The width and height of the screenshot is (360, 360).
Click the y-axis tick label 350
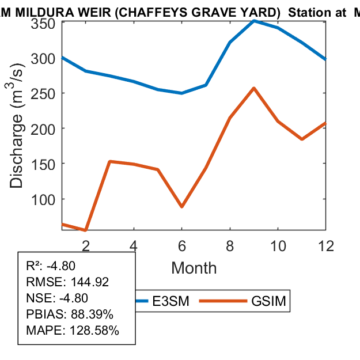tap(43, 23)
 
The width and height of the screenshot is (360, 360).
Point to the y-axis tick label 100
tap(43, 199)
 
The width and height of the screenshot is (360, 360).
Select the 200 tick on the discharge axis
tap(43, 128)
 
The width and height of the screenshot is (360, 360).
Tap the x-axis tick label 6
tap(181, 245)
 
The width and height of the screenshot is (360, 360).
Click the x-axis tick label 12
tap(326, 245)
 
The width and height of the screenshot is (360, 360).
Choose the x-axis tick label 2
tap(86, 245)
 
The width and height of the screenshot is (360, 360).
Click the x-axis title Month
tap(194, 268)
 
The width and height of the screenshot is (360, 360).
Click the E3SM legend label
tap(175, 301)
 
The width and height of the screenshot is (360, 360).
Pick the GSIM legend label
tap(268, 301)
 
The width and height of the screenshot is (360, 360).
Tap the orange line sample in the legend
tap(226, 301)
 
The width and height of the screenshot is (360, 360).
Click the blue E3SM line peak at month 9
tap(254, 21)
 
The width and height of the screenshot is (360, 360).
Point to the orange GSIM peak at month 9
tap(254, 88)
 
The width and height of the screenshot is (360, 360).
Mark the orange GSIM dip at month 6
tap(181, 206)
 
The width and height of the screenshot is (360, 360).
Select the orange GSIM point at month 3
tap(110, 161)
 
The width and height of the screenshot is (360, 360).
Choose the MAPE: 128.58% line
tap(73, 331)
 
